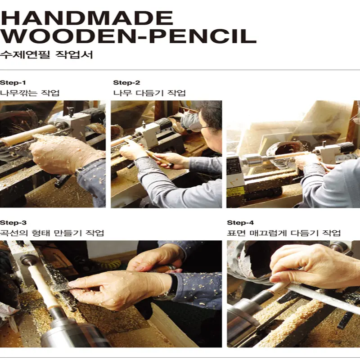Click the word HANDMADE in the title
[87, 18]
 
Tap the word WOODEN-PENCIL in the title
[128, 36]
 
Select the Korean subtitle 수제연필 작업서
[46, 55]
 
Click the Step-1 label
[13, 83]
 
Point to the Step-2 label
[126, 83]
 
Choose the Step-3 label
[13, 223]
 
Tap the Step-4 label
[240, 223]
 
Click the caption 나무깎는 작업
[30, 93]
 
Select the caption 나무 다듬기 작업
[149, 93]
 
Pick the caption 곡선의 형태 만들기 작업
[52, 233]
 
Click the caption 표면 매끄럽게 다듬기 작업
[284, 233]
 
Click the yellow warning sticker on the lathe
[234, 192]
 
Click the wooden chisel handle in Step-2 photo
[158, 158]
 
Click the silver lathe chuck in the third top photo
[252, 160]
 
